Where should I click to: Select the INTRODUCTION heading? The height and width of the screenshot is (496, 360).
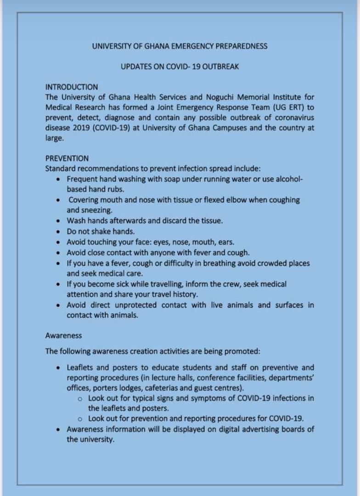click(x=72, y=87)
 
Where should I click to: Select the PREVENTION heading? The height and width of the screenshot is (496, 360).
click(x=67, y=158)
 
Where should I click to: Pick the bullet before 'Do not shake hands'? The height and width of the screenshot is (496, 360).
click(x=58, y=231)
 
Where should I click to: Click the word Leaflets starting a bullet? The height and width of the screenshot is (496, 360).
click(x=81, y=367)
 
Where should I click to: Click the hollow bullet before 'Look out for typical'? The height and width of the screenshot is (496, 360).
click(x=80, y=399)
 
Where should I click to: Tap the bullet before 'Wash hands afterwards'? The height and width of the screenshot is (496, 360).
click(x=58, y=221)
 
